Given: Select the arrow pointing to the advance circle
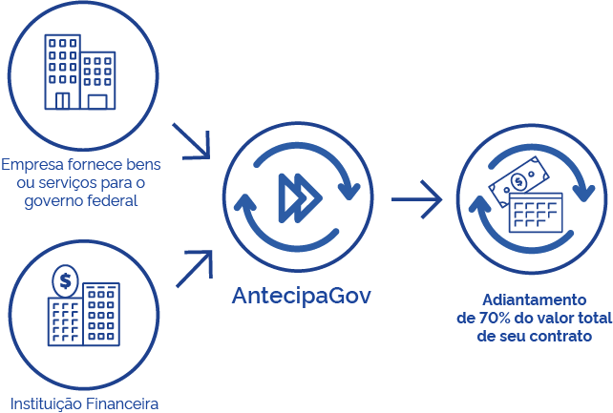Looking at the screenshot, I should pos(417,200).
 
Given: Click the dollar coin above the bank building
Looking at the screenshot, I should pos(66,281).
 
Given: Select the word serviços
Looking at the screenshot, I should pos(62,182).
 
